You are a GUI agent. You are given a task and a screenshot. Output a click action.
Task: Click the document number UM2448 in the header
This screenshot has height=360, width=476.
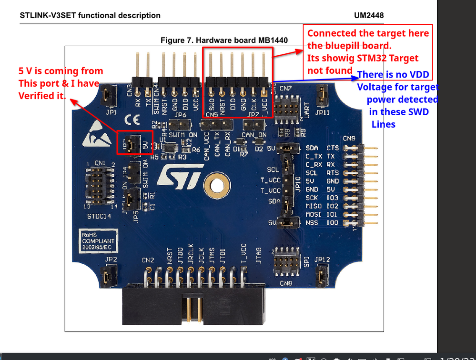369,15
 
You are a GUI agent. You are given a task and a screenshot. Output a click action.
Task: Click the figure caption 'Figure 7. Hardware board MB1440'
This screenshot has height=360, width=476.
224,40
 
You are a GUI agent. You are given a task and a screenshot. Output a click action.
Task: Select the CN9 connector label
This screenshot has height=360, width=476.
350,139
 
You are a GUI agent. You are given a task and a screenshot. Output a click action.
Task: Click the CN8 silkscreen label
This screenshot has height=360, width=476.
285,284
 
